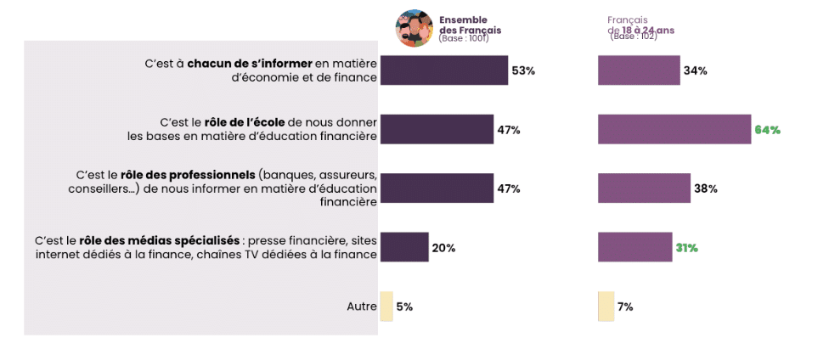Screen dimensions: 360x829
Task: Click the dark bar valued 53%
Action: [x=443, y=70]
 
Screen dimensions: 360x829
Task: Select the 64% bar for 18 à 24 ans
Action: [x=674, y=129]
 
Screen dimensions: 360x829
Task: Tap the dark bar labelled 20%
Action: [x=404, y=247]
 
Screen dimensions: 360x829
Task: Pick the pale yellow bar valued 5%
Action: [x=386, y=306]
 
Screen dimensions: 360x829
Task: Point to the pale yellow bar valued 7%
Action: [x=606, y=306]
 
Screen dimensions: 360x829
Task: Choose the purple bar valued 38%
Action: [x=644, y=188]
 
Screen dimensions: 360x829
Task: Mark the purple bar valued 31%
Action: [x=634, y=247]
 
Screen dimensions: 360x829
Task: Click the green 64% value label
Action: [x=767, y=130]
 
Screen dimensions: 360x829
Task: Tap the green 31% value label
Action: [x=686, y=248]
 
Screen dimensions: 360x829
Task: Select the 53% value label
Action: [x=523, y=71]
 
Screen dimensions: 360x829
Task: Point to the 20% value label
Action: [x=443, y=248]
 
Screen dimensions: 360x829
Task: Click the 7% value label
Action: [x=625, y=307]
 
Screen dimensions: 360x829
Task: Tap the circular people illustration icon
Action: [x=414, y=29]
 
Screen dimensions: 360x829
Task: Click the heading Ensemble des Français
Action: [x=470, y=25]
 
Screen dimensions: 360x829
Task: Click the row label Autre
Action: [x=361, y=307]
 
